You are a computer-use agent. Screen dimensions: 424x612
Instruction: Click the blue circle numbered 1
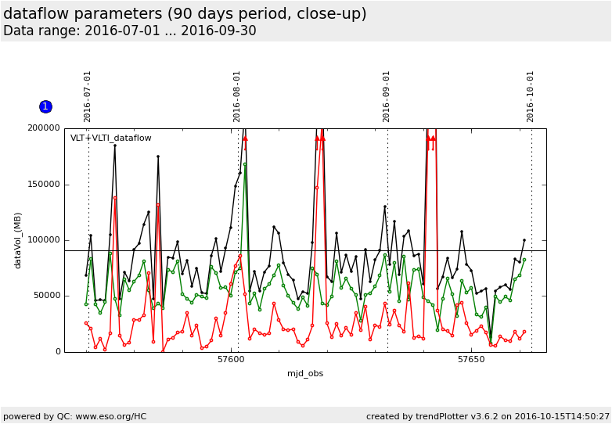point(45,106)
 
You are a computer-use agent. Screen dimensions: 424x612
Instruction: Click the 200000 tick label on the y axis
point(44,128)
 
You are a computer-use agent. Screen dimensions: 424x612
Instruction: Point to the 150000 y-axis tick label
point(44,185)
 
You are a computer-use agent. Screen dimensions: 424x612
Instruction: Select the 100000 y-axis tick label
point(44,240)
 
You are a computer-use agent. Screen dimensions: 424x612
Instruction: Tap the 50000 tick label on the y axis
point(46,296)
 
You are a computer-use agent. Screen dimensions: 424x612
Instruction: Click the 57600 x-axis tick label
point(231,360)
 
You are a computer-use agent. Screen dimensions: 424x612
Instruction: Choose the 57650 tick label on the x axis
point(471,360)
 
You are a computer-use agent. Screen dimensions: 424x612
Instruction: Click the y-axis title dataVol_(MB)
point(18,240)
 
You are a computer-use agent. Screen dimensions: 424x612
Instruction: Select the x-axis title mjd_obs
point(305,373)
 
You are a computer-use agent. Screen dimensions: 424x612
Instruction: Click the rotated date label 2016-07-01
point(88,96)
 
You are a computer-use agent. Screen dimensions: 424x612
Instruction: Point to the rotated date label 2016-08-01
point(237,96)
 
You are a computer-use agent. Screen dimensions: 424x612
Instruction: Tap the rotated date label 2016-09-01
point(387,96)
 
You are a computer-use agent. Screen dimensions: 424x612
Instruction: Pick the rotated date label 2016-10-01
point(531,96)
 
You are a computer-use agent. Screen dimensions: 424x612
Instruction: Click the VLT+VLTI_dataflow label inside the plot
point(111,138)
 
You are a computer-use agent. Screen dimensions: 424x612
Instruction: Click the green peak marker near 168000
point(245,164)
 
